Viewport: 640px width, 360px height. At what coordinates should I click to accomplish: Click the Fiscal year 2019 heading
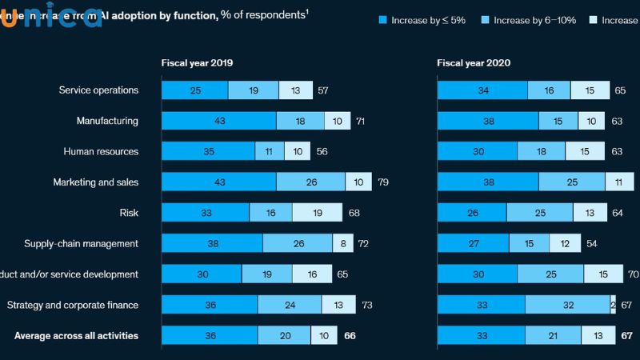198,62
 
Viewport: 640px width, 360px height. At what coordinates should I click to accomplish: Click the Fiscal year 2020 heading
474,62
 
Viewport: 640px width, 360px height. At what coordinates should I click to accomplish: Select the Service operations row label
98,90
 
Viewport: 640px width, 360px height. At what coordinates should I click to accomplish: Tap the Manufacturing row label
107,121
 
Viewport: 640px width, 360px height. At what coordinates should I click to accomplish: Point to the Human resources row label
101,151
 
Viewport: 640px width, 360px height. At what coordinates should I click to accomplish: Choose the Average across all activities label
76,336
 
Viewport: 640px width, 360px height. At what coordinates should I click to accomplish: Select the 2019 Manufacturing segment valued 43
218,121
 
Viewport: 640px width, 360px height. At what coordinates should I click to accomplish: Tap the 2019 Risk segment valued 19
317,213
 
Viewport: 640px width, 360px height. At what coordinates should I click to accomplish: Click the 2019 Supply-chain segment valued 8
344,243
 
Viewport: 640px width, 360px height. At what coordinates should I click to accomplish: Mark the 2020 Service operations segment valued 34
482,90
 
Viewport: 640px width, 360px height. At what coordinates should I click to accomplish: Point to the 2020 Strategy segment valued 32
567,305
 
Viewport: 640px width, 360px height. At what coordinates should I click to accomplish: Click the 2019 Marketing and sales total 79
383,182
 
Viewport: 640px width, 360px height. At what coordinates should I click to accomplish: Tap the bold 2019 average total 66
350,336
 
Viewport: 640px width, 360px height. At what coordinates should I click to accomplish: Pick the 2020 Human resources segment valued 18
541,151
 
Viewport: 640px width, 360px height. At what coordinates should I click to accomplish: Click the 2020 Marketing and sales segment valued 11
619,182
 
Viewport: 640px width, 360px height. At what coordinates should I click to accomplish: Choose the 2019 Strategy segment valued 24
290,305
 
